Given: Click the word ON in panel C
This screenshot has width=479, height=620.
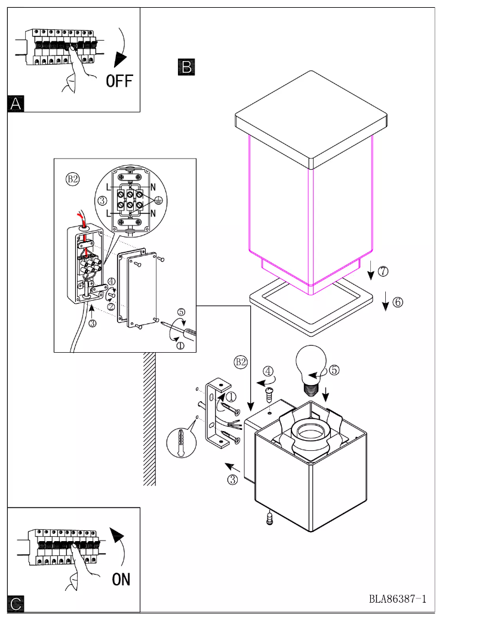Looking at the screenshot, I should tap(121, 579).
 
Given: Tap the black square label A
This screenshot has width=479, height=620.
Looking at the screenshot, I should tap(16, 103).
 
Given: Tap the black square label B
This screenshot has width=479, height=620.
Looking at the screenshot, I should tap(186, 66).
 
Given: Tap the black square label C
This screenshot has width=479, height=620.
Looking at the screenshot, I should tap(16, 603).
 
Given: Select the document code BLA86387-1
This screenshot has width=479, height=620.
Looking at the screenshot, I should tap(397, 598).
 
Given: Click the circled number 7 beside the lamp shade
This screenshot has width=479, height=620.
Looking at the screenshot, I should tap(383, 271).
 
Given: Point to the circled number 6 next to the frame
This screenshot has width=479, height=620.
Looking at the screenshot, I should tap(397, 302).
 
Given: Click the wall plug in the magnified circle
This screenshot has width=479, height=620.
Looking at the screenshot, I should tap(182, 443).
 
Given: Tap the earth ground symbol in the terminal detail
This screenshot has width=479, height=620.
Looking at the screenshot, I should tap(158, 201).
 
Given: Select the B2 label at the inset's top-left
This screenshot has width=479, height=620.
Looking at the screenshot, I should tap(72, 179).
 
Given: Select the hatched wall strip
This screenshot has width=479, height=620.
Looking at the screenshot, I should tap(149, 419).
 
